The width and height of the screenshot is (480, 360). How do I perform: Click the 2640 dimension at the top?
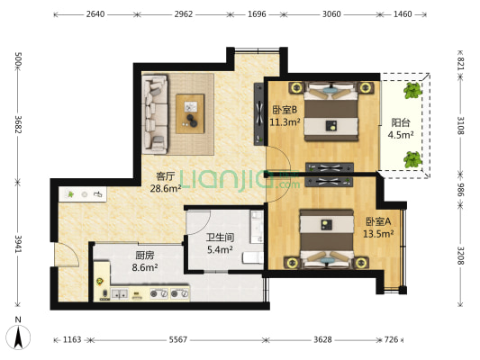(x=95, y=14)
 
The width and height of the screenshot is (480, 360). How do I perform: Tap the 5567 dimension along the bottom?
(x=177, y=339)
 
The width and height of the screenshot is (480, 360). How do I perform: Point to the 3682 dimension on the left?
(x=18, y=124)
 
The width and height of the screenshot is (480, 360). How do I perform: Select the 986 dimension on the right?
(x=461, y=190)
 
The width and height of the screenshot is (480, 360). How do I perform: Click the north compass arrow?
(x=18, y=337)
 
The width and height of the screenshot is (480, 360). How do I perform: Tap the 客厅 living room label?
(x=166, y=176)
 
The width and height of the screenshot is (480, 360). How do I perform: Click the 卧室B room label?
(x=285, y=110)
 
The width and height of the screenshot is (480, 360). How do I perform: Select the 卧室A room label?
(x=378, y=221)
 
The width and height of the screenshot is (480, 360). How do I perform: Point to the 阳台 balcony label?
(x=401, y=122)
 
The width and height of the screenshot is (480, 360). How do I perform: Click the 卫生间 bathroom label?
(x=220, y=238)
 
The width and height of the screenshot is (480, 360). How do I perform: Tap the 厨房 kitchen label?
(x=145, y=255)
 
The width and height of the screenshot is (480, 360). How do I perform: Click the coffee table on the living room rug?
(x=190, y=113)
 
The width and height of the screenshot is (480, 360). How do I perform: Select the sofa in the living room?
(x=155, y=114)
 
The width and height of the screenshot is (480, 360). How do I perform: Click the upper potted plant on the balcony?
(x=412, y=91)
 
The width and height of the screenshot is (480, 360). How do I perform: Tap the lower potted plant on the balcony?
(x=412, y=159)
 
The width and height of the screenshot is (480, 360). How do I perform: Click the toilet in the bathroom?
(x=253, y=257)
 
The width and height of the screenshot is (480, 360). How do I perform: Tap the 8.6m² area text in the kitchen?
(x=145, y=268)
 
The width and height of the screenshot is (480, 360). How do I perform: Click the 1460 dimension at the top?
(x=403, y=14)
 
